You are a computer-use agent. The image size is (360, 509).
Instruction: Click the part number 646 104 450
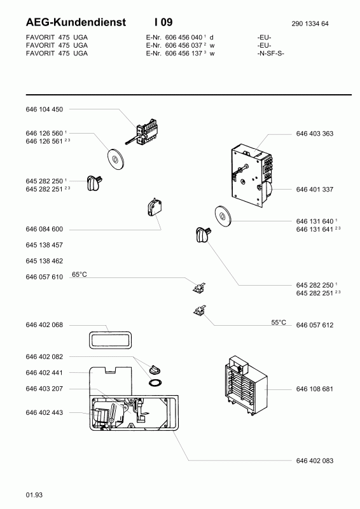pos(44,109)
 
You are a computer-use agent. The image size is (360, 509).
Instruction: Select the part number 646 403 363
pos(315,134)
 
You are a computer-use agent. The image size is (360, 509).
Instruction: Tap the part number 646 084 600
pos(44,229)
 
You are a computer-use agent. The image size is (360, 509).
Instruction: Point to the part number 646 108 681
pos(315,389)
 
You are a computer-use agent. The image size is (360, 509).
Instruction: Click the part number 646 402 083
pos(315,461)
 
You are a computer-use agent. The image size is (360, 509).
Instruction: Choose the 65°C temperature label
pos(80,275)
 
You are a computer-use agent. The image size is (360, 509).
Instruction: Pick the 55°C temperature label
pos(279,323)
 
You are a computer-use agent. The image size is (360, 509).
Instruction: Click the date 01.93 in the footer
pos(34,495)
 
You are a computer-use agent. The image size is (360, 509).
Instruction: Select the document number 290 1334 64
pos(310,24)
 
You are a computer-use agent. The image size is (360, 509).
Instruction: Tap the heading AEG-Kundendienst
pos(76,22)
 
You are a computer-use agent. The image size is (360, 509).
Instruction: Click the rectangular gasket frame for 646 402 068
pos(111,333)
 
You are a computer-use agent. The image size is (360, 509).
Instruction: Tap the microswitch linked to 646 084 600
pos(154,208)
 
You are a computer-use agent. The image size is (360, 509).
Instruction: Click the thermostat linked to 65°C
pos(199,288)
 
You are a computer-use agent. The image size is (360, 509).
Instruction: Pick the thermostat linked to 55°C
pos(200,311)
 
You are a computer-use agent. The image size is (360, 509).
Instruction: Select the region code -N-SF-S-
pos(271,53)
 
